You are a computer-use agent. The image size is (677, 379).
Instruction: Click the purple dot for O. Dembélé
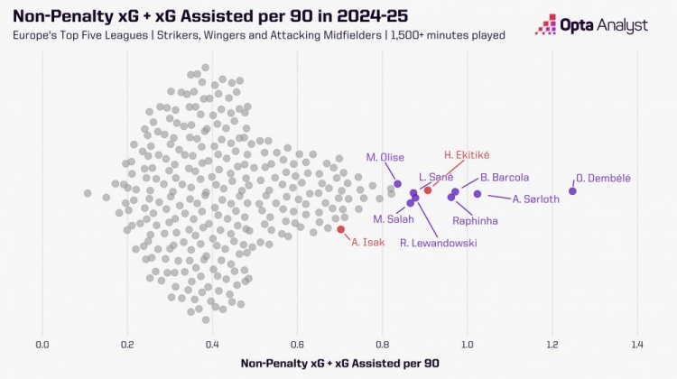point(572,190)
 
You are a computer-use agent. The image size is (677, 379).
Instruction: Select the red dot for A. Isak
point(340,229)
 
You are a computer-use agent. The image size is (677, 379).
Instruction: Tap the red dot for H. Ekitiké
point(428,189)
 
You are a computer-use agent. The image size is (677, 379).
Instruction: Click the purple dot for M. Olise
point(397,184)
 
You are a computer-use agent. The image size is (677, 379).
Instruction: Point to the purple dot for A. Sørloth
point(478,194)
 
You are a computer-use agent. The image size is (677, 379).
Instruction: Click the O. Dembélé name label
point(604,178)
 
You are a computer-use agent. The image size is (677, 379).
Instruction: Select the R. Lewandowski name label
point(439,243)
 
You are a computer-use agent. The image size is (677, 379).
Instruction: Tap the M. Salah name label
point(394,219)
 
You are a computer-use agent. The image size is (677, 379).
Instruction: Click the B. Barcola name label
point(505,178)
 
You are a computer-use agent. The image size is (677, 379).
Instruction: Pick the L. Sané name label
point(435,178)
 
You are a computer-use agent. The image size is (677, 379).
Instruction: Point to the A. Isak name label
point(368,242)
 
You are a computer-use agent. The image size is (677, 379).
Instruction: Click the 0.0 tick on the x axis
point(42,344)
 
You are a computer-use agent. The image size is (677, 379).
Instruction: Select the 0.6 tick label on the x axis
point(297,344)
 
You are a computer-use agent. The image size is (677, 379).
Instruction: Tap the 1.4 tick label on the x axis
point(637,344)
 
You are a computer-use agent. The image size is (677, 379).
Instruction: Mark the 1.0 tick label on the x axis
point(467,344)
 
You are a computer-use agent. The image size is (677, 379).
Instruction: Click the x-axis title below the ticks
point(340,363)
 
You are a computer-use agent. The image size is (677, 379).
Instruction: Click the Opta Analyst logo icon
point(545,24)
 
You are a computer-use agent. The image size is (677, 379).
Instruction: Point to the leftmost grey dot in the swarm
point(88,193)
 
